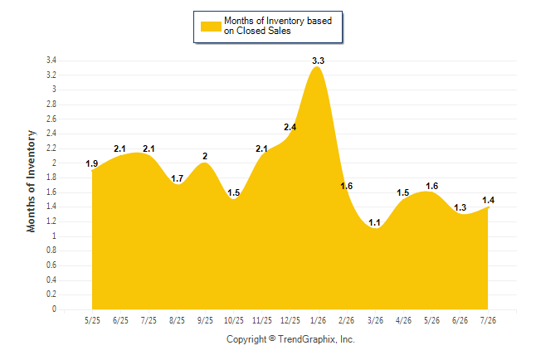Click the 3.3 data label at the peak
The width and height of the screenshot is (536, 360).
pyautogui.click(x=318, y=61)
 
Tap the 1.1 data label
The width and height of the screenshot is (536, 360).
pyautogui.click(x=374, y=223)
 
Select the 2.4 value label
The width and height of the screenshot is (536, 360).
pyautogui.click(x=290, y=127)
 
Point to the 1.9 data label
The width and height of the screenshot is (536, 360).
pyautogui.click(x=91, y=163)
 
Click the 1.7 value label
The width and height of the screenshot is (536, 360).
pyautogui.click(x=177, y=178)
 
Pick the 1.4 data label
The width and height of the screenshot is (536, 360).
pyautogui.click(x=488, y=201)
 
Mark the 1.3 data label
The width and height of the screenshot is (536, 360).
pyautogui.click(x=460, y=207)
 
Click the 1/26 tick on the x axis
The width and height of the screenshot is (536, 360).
pyautogui.click(x=318, y=320)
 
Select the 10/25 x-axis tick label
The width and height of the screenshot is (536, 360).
pyautogui.click(x=233, y=320)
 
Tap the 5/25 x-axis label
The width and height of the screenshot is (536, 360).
pyautogui.click(x=92, y=320)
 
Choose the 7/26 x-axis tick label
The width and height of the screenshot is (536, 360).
pyautogui.click(x=488, y=320)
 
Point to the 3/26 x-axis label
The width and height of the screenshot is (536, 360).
pyautogui.click(x=375, y=320)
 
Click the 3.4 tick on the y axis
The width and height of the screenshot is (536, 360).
pyautogui.click(x=51, y=61)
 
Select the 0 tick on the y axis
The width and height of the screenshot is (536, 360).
pyautogui.click(x=54, y=309)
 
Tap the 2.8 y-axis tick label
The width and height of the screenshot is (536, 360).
pyautogui.click(x=51, y=105)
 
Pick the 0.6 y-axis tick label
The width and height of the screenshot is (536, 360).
pyautogui.click(x=51, y=265)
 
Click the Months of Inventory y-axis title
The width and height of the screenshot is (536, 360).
pyautogui.click(x=31, y=181)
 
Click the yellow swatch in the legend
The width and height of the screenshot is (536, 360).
pyautogui.click(x=211, y=27)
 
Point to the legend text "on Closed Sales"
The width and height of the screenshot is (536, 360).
pyautogui.click(x=257, y=31)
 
